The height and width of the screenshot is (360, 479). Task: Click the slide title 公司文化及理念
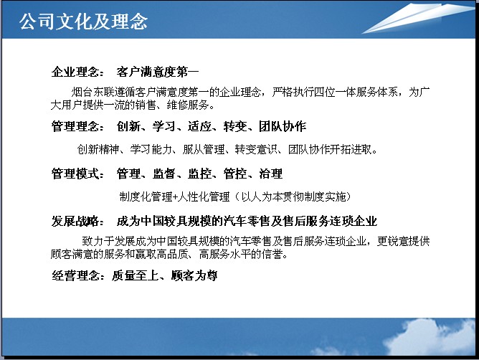(83, 22)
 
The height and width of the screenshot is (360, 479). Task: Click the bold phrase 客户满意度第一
(157, 72)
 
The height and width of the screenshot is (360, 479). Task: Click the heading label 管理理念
(75, 126)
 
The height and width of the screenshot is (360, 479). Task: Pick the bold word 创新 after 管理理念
(128, 126)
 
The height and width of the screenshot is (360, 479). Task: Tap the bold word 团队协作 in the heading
(283, 126)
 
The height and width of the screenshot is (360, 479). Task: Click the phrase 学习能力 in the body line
(151, 149)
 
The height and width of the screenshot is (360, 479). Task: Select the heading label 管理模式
(75, 174)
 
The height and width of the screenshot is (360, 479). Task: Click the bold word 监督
(164, 174)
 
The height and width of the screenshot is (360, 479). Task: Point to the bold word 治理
(271, 174)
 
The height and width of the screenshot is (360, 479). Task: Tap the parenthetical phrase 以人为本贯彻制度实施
(293, 196)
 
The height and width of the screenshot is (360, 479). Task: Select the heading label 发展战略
(75, 221)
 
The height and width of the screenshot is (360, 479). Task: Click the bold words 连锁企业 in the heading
(354, 221)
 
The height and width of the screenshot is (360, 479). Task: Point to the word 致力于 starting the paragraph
(98, 241)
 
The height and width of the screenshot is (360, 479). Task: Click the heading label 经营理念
(75, 275)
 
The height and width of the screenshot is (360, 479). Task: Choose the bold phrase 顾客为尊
(194, 275)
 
